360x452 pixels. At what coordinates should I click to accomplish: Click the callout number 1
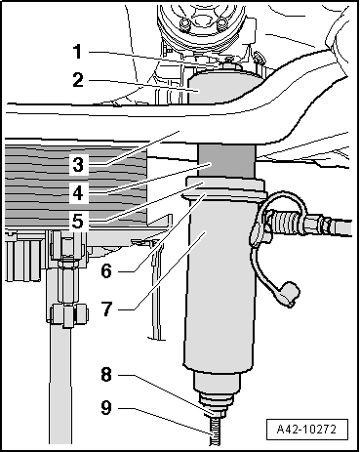click(x=77, y=52)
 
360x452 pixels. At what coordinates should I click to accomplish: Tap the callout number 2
click(x=78, y=80)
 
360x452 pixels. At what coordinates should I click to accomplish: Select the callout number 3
click(x=78, y=164)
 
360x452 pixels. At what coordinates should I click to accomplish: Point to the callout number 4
click(x=78, y=193)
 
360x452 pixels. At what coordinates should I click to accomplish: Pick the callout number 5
click(x=78, y=222)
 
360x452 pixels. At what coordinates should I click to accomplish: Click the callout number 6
click(x=106, y=270)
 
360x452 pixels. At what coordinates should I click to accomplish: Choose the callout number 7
click(x=107, y=308)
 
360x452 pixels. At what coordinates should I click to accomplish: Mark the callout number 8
click(x=106, y=374)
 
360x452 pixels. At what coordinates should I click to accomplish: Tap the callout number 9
click(x=106, y=407)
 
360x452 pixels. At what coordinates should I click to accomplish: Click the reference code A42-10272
click(x=306, y=430)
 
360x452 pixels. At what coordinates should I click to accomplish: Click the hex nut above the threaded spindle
click(x=215, y=412)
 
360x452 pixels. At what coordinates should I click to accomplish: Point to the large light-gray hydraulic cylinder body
click(x=219, y=281)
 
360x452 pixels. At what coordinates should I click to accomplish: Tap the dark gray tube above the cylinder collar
click(x=226, y=161)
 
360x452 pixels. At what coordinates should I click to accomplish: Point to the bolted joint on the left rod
click(x=67, y=314)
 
